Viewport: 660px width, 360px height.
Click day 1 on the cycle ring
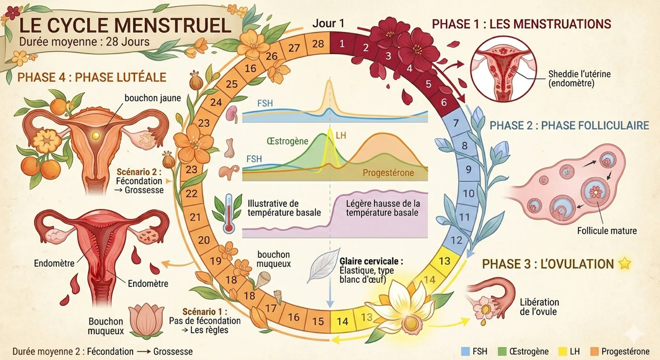click(x=342, y=44)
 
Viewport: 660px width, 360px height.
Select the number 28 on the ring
click(x=318, y=44)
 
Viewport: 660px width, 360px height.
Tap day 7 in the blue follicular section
click(x=456, y=123)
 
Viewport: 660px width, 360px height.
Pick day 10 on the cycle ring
click(x=469, y=194)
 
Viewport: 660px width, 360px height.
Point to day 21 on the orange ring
click(x=195, y=217)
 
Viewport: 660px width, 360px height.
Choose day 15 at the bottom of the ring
click(x=318, y=321)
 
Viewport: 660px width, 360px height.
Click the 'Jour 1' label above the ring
click(x=328, y=23)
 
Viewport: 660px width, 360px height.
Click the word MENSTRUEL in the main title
click(x=173, y=26)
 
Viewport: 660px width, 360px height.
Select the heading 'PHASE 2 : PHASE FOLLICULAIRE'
click(x=569, y=126)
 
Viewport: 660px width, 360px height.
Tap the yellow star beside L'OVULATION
click(x=625, y=264)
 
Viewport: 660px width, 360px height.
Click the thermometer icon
click(x=229, y=214)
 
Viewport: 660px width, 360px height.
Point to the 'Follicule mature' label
click(x=607, y=231)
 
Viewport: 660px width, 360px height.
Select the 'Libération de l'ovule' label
click(x=539, y=307)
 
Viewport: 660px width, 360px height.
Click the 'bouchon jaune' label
click(x=153, y=98)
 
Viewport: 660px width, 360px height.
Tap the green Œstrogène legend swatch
click(x=502, y=351)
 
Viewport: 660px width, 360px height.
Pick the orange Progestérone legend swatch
click(x=594, y=351)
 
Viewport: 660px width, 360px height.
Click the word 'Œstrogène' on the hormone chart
click(x=287, y=141)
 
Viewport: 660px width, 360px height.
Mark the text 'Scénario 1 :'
click(x=205, y=312)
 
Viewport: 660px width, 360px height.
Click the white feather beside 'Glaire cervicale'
click(x=323, y=265)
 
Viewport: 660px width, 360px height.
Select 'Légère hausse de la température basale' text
click(x=383, y=208)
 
